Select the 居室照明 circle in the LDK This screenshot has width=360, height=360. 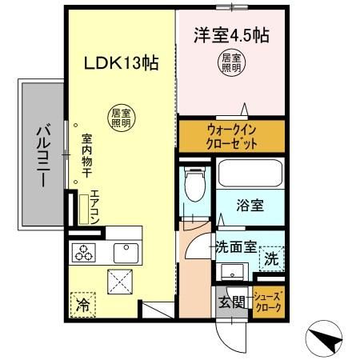click(123, 118)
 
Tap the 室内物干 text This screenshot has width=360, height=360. click(86, 157)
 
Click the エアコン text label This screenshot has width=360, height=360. click(94, 205)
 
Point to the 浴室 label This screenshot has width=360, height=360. click(250, 206)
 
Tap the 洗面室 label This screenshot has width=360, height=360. click(235, 247)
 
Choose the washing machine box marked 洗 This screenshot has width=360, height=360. click(271, 258)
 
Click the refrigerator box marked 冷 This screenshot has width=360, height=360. click(82, 304)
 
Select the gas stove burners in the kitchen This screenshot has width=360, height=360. click(84, 254)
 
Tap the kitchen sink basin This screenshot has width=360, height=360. click(126, 253)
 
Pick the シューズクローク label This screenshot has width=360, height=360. click(267, 301)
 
